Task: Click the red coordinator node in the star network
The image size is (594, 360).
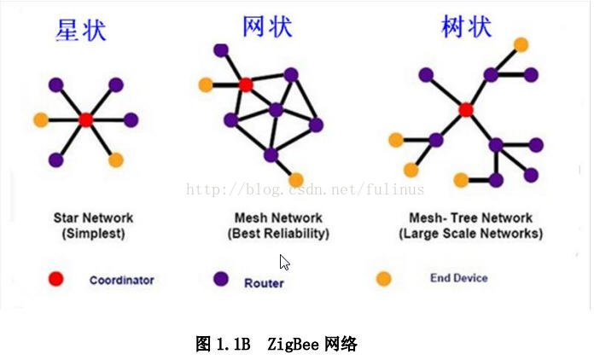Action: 85,119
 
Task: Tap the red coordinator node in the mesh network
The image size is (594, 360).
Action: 246,84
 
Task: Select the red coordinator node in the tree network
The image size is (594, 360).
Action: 466,109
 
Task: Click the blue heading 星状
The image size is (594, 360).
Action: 81,31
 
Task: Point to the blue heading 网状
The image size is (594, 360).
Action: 267,26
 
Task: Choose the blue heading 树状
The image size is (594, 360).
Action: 466,26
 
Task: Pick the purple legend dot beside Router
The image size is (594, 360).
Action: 221,279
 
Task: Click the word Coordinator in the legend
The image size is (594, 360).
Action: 121,280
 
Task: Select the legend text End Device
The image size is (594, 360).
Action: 459,278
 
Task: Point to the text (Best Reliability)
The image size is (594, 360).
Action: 278,233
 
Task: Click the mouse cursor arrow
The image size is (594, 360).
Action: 284,263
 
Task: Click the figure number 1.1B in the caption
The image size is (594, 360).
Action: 233,345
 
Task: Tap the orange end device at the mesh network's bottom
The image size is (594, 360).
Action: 296,180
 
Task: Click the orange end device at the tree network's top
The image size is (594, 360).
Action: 521,44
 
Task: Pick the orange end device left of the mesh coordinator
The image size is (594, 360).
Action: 206,84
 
